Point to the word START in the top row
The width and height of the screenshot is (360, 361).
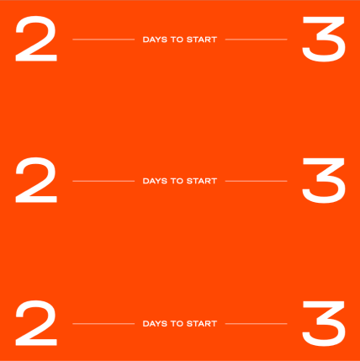[202, 40]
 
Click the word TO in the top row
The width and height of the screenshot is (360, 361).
[177, 40]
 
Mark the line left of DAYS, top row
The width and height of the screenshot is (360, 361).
[103, 40]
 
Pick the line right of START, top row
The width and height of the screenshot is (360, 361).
[257, 40]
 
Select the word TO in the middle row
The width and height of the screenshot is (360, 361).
[177, 181]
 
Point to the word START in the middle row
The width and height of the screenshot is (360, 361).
[202, 181]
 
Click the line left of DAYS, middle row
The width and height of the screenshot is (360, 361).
[103, 181]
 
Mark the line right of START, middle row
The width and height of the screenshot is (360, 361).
[257, 181]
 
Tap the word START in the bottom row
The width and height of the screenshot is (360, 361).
[202, 324]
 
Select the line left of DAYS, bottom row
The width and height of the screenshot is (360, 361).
[103, 324]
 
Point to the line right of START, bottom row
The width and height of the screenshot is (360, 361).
[257, 324]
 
